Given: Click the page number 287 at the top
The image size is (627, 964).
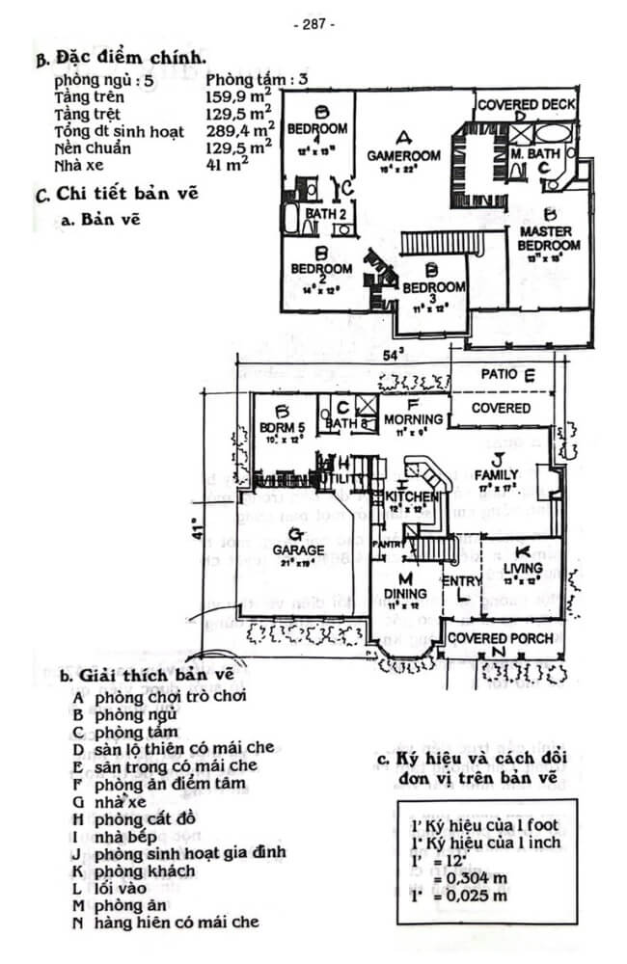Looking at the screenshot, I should [313, 24].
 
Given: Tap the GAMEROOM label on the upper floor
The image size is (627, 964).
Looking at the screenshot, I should [403, 155].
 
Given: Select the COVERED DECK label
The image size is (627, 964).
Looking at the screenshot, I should [527, 104].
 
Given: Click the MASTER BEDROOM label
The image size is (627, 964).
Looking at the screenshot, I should [549, 238].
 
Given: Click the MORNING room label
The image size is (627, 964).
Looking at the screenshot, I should [413, 419].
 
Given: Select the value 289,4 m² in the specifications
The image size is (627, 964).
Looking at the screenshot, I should [239, 131].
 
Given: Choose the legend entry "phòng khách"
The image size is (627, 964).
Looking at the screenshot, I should [145, 870].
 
